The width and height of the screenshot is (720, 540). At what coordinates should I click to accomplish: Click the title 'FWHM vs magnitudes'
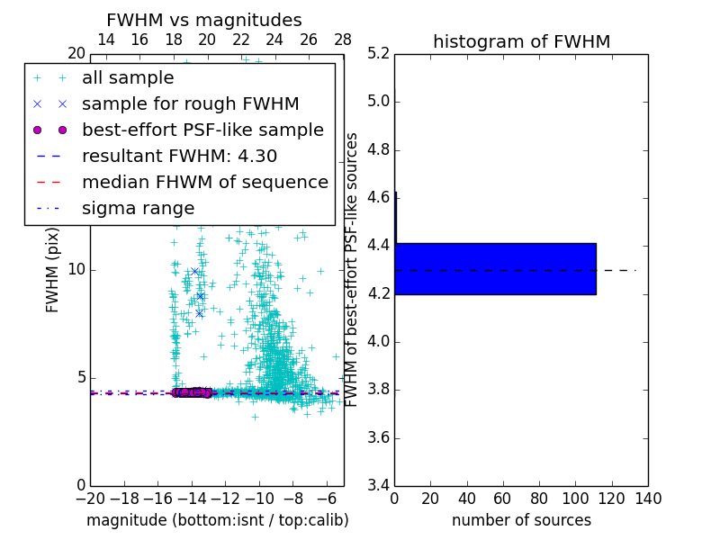204,20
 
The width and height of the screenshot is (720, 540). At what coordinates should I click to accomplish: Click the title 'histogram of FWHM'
521,41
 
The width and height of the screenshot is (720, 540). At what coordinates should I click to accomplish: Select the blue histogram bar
495,268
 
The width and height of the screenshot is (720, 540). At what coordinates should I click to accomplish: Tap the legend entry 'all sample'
128,78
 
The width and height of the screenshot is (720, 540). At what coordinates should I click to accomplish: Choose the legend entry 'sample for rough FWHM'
190,103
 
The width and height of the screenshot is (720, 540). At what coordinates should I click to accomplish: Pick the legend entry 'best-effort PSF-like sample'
202,130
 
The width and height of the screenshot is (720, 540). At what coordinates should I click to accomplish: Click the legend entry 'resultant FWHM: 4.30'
179,156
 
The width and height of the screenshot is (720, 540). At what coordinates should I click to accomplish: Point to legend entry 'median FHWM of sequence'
204,182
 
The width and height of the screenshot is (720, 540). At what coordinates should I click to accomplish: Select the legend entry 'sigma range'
138,208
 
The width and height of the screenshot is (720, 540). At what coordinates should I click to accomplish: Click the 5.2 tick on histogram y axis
378,53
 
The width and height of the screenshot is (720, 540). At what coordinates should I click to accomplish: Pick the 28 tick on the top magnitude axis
343,40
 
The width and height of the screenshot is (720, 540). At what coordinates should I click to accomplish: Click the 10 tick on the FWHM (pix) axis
76,270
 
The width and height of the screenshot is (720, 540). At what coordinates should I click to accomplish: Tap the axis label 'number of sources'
521,520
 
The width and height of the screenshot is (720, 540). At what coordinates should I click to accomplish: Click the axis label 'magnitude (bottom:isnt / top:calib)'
217,520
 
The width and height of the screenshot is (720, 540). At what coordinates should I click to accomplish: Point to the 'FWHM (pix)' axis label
53,270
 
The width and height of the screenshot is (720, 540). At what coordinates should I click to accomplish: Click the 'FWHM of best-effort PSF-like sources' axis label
352,269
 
